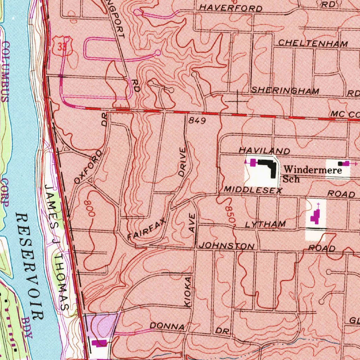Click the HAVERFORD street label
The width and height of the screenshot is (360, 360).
tap(231, 8)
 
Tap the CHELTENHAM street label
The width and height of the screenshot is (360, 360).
tap(313, 44)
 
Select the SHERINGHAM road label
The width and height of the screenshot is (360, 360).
tap(285, 90)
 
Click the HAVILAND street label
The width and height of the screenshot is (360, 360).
tap(264, 150)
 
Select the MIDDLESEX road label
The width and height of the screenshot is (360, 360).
tap(253, 191)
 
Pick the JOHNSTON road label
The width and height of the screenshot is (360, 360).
tap(226, 246)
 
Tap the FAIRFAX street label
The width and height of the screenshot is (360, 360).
tap(147, 230)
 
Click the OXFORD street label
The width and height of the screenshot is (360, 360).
tap(89, 167)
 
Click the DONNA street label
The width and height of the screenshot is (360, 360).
tap(167, 327)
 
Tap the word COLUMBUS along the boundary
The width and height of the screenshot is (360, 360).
tap(6, 72)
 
